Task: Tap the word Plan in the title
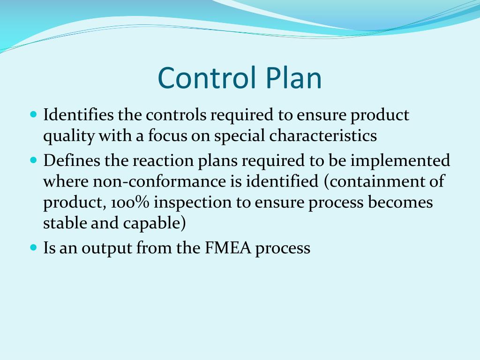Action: (x=293, y=78)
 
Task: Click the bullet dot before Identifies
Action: (x=33, y=114)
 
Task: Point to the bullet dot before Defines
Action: (x=33, y=160)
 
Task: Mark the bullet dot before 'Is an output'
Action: (x=33, y=247)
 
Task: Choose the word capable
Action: (x=154, y=224)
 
